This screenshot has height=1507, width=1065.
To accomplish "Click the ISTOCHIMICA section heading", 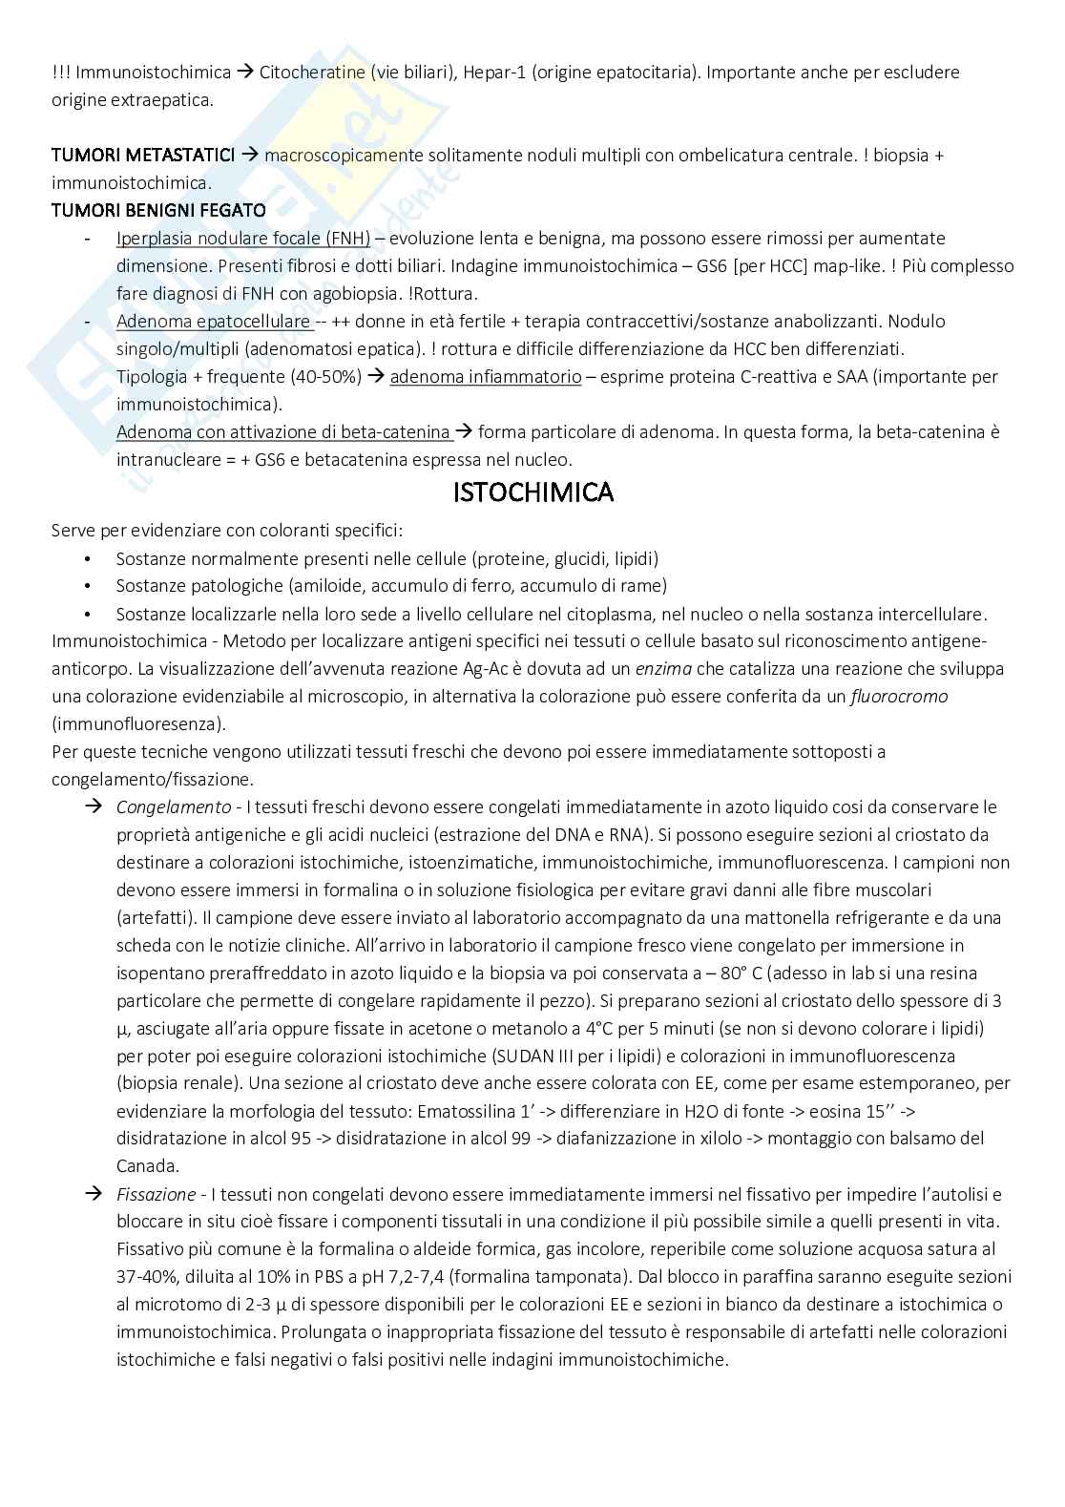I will [x=532, y=492].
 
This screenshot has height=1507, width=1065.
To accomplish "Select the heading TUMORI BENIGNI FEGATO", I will [x=158, y=210].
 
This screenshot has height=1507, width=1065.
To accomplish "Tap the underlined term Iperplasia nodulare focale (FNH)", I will [x=243, y=238].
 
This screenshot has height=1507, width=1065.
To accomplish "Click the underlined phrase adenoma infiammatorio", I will [x=486, y=376].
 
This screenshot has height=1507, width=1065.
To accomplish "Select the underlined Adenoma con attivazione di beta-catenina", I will [x=283, y=431].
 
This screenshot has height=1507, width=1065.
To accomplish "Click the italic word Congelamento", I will [x=174, y=806].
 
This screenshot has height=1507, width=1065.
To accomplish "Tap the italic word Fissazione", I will [x=156, y=1194].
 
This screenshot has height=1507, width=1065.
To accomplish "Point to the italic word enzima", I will [x=663, y=668].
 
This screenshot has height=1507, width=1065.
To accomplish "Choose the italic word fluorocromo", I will [x=899, y=696].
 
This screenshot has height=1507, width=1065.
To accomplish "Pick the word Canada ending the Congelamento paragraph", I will [x=145, y=1165].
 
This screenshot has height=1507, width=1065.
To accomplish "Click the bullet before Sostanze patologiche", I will [x=88, y=585].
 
